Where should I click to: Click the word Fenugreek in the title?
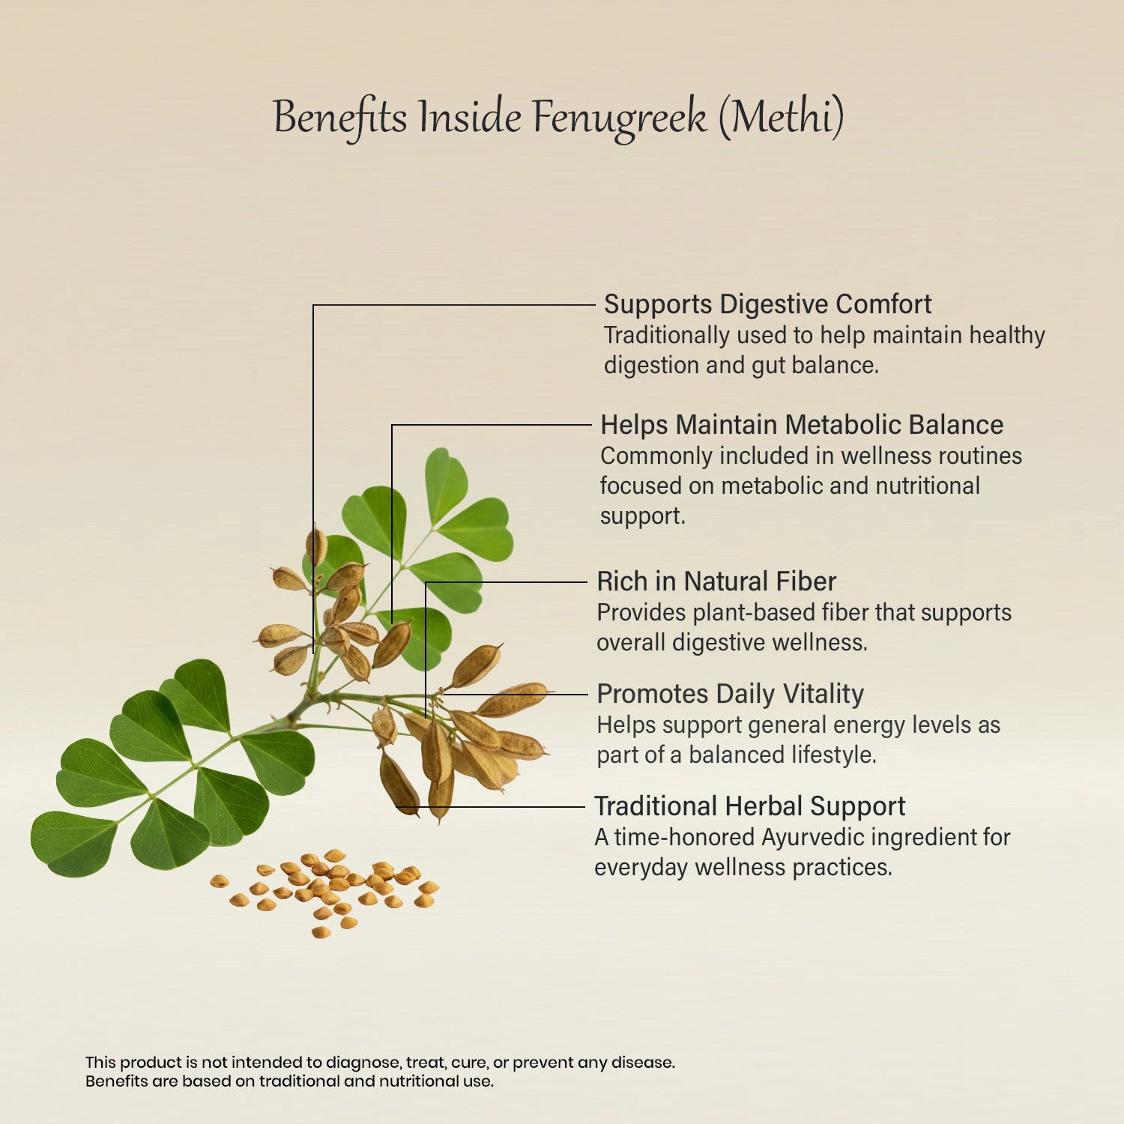coord(619,118)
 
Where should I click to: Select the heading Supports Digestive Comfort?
coord(767,304)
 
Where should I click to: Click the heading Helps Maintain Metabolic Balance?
coord(801,425)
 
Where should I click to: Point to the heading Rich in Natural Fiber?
coord(716,581)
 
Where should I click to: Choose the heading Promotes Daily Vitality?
coord(730,694)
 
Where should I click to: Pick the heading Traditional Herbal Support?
coord(749,806)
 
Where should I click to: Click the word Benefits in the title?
coord(340,118)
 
